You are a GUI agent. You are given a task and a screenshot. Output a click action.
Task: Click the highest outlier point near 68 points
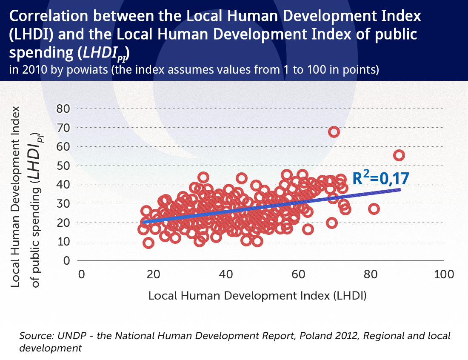[334, 131]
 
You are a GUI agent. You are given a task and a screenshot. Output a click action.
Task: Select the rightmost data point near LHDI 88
[399, 155]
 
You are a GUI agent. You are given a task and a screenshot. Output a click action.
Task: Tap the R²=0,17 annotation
[381, 178]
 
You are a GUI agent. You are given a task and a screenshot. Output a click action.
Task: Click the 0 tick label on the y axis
[66, 260]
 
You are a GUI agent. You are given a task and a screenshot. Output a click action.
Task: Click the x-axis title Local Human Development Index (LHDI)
[257, 295]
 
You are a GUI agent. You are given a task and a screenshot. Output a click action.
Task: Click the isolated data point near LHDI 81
[374, 209]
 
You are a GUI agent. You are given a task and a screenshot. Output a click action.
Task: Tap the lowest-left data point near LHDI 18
[148, 243]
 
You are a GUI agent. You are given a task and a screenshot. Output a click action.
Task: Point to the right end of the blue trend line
[400, 189]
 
